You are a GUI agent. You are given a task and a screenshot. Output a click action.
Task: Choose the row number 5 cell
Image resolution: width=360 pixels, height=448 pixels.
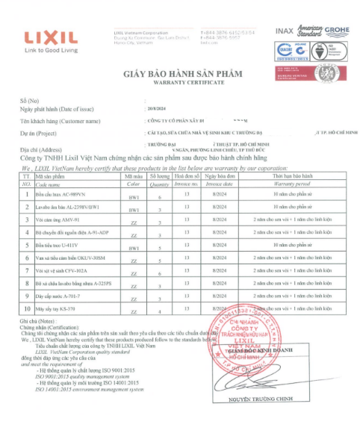(x=25, y=245)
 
